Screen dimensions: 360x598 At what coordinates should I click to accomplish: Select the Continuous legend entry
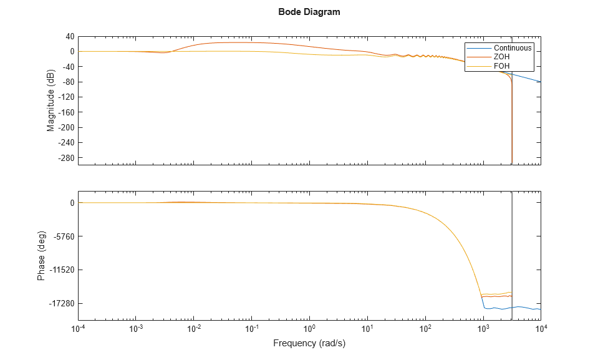(x=513, y=48)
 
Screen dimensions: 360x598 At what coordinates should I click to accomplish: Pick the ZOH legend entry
(x=502, y=57)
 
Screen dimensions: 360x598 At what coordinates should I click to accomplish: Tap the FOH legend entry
(x=502, y=66)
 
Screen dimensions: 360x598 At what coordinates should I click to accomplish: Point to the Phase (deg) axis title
(x=41, y=256)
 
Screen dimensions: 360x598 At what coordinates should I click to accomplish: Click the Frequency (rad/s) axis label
(x=309, y=344)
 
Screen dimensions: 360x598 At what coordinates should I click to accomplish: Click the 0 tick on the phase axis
(x=72, y=203)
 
